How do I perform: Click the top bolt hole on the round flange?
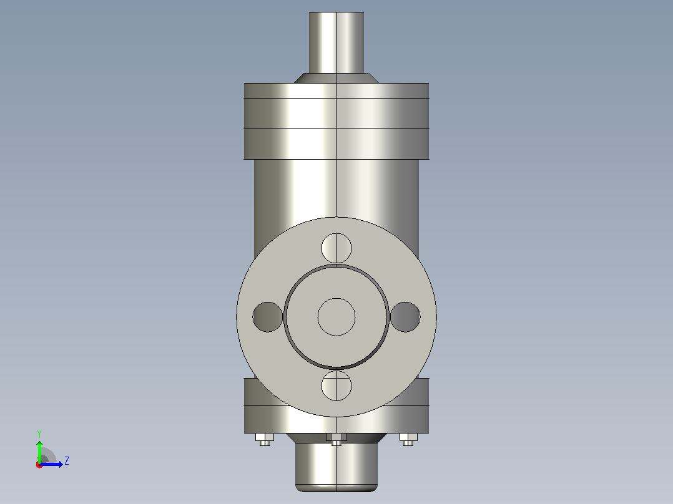click(x=336, y=248)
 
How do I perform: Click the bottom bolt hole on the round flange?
click(x=336, y=385)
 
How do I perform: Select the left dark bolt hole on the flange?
click(x=267, y=317)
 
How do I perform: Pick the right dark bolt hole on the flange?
click(x=405, y=317)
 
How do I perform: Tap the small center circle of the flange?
click(x=336, y=317)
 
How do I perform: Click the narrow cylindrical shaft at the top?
click(x=336, y=42)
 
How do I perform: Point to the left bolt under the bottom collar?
click(x=265, y=440)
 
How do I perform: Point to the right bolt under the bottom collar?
click(x=408, y=440)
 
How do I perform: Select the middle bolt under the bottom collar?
click(x=336, y=440)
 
